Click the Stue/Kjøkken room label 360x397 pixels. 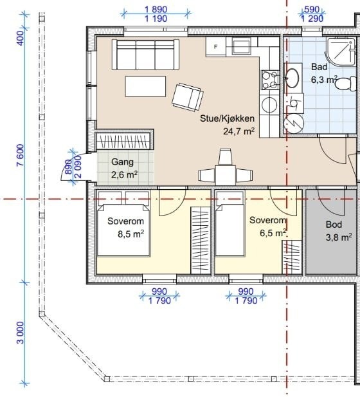tap(227, 118)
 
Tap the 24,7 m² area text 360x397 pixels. tap(239, 131)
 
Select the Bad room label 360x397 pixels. tap(319, 67)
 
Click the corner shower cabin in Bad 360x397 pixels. tap(341, 52)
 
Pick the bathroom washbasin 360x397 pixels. tap(293, 77)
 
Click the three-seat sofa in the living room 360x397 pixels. tap(145, 55)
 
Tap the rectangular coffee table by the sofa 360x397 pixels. tap(145, 86)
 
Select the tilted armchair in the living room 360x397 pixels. tap(188, 97)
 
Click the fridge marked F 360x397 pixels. tap(216, 46)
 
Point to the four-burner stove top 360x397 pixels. tap(270, 80)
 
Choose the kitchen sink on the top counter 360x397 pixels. tap(242, 46)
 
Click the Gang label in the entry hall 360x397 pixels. tap(122, 162)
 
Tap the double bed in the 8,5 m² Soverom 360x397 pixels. tap(123, 223)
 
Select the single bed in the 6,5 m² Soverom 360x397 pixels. tap(230, 223)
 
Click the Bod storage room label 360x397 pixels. tap(334, 225)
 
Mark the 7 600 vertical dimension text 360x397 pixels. tap(20, 155)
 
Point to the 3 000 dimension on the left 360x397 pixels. tap(20, 333)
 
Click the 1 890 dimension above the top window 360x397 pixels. tap(156, 10)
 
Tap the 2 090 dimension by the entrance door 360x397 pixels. tap(78, 167)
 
